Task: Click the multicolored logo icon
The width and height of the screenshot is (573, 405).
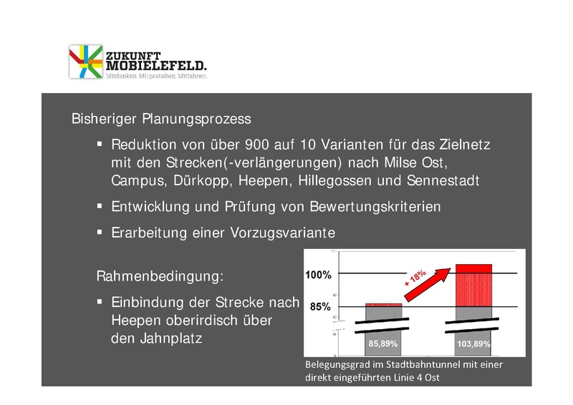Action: point(85,61)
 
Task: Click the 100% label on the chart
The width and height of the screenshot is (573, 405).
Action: point(318,274)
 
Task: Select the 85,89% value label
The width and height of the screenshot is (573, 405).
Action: point(382,344)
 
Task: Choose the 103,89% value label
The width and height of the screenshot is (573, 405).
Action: point(473,344)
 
